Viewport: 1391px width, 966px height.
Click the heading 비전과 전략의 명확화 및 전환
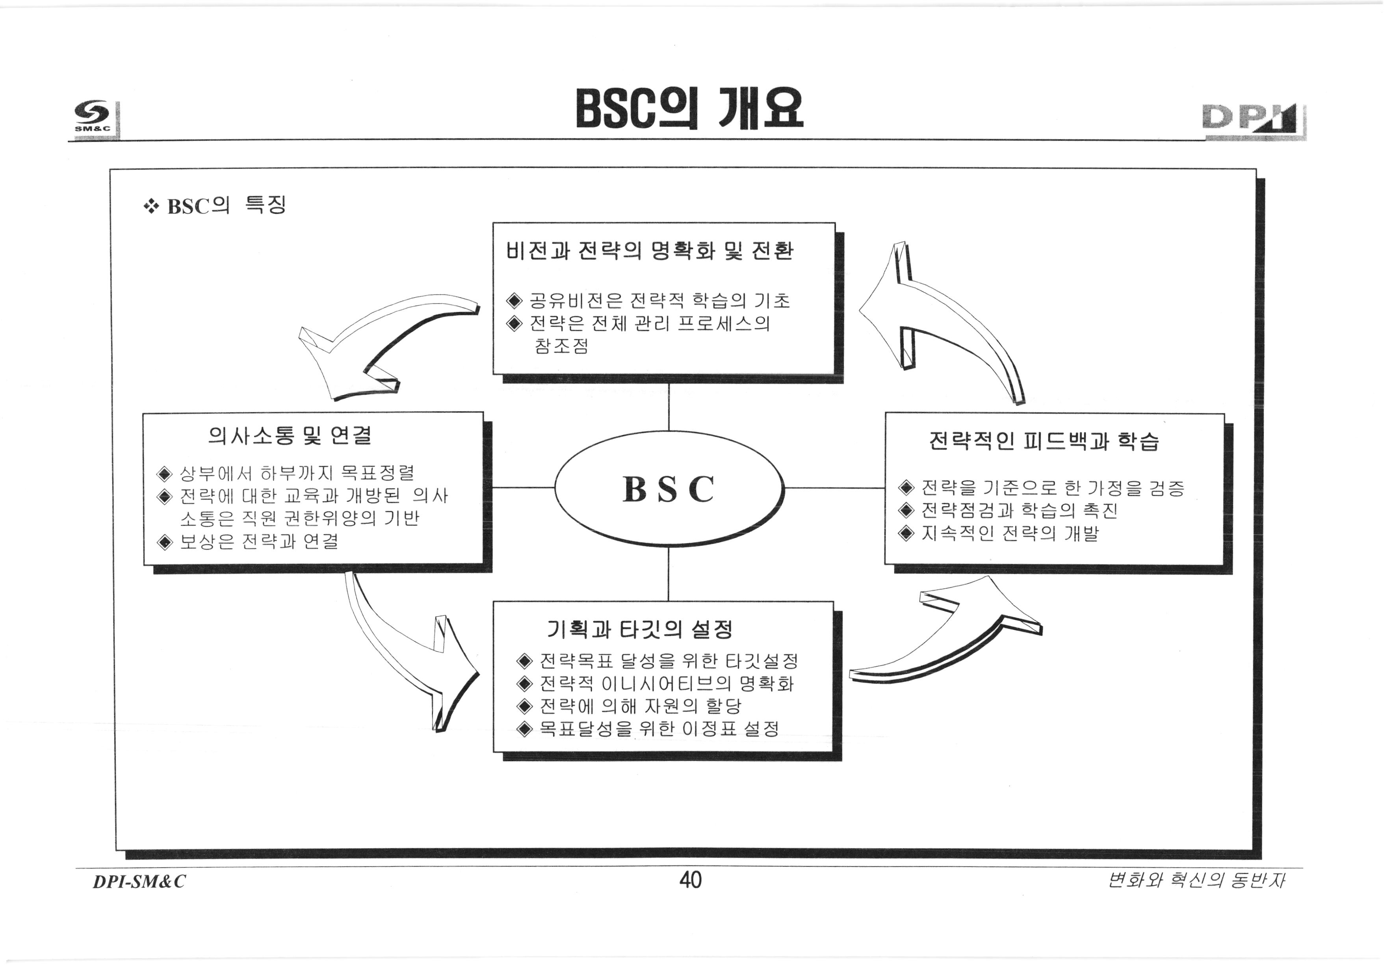tap(649, 251)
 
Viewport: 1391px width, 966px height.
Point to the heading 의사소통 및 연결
tap(290, 435)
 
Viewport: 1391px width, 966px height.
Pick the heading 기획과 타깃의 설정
tap(639, 630)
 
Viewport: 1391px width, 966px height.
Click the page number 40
tap(690, 879)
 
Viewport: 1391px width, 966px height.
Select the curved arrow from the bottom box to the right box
tap(950, 642)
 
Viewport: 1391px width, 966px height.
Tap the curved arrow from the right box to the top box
tap(944, 321)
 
